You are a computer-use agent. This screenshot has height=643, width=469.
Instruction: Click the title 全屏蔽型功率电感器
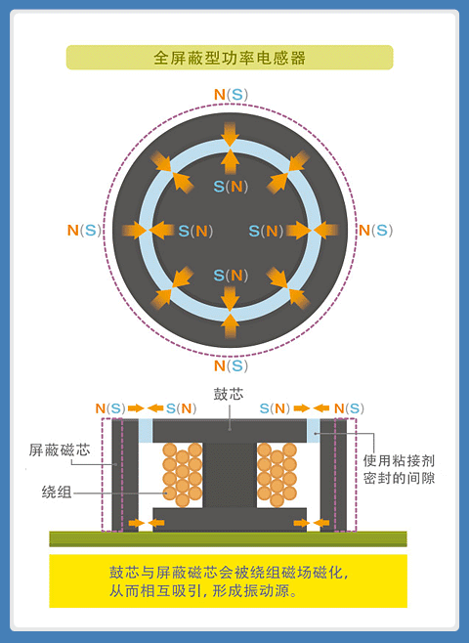tap(230, 58)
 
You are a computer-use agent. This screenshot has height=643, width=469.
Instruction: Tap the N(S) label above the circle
tap(231, 95)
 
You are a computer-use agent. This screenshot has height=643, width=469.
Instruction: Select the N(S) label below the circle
tap(231, 365)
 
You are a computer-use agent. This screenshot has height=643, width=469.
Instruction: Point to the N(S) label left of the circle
tap(83, 231)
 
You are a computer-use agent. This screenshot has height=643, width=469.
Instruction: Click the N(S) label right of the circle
tap(374, 231)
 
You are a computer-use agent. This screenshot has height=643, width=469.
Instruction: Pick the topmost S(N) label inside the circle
tap(231, 186)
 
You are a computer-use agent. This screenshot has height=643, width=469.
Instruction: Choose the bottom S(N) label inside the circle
tap(231, 275)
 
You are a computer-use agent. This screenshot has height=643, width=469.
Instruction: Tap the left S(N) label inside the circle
tap(195, 232)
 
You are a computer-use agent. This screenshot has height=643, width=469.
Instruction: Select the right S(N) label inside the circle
tap(266, 232)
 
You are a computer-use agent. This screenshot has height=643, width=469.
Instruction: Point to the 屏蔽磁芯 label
tap(59, 450)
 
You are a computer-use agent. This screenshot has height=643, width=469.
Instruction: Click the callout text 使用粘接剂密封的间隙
tap(399, 469)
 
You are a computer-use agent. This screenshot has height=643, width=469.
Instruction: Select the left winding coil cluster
tap(182, 474)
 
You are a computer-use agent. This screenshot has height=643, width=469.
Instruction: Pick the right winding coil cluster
tap(277, 474)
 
